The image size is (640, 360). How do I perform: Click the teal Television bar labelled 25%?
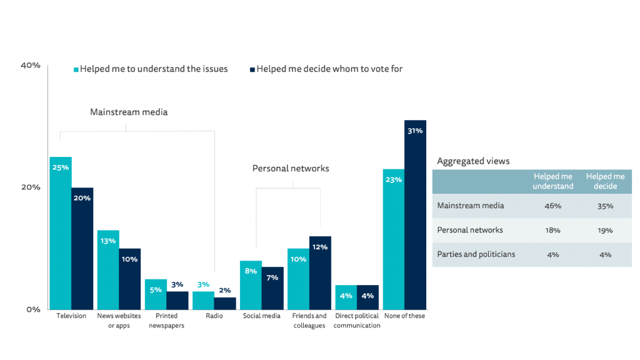61,232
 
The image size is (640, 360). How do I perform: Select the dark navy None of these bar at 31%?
415,214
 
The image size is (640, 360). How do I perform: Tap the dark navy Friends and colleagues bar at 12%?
320,272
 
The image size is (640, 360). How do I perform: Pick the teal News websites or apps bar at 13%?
108,269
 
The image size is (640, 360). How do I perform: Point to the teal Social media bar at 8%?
251,284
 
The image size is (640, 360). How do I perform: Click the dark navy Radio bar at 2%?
225,303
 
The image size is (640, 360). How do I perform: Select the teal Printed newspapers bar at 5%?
156,294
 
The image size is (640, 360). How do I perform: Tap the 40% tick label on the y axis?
31,65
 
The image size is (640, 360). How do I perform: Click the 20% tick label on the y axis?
31,187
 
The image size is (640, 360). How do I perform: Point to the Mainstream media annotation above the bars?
129,112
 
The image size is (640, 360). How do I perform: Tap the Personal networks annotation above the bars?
291,168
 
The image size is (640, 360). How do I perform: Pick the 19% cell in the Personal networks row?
604,230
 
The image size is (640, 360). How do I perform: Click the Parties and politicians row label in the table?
476,254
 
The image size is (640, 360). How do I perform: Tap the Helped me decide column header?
605,181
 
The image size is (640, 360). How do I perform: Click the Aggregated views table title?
473,161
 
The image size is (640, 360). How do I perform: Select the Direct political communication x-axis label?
357,321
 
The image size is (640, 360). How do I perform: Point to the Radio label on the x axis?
214,316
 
